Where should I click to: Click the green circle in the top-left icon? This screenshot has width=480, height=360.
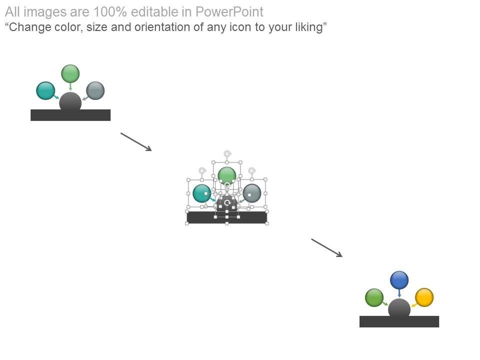point(70,73)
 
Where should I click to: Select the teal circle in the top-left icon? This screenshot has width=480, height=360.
point(45,90)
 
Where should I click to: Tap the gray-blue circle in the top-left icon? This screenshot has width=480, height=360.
point(95,90)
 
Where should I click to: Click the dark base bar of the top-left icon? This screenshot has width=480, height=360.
point(70,115)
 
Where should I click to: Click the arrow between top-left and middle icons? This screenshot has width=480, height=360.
point(136,141)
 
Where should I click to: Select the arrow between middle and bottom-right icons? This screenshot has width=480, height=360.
point(326,247)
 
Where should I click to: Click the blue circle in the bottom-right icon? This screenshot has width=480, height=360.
point(399,280)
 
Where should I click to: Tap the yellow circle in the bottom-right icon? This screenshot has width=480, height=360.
point(424,297)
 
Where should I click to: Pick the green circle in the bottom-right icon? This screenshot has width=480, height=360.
point(374,297)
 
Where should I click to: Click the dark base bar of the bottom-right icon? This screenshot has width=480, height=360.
point(399,322)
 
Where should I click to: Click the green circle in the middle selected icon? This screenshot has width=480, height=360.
point(227,175)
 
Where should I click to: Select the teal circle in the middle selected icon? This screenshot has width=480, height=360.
point(201,193)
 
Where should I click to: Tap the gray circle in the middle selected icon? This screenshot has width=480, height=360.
point(252,193)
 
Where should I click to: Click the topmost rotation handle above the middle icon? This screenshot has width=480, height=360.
point(227,153)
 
